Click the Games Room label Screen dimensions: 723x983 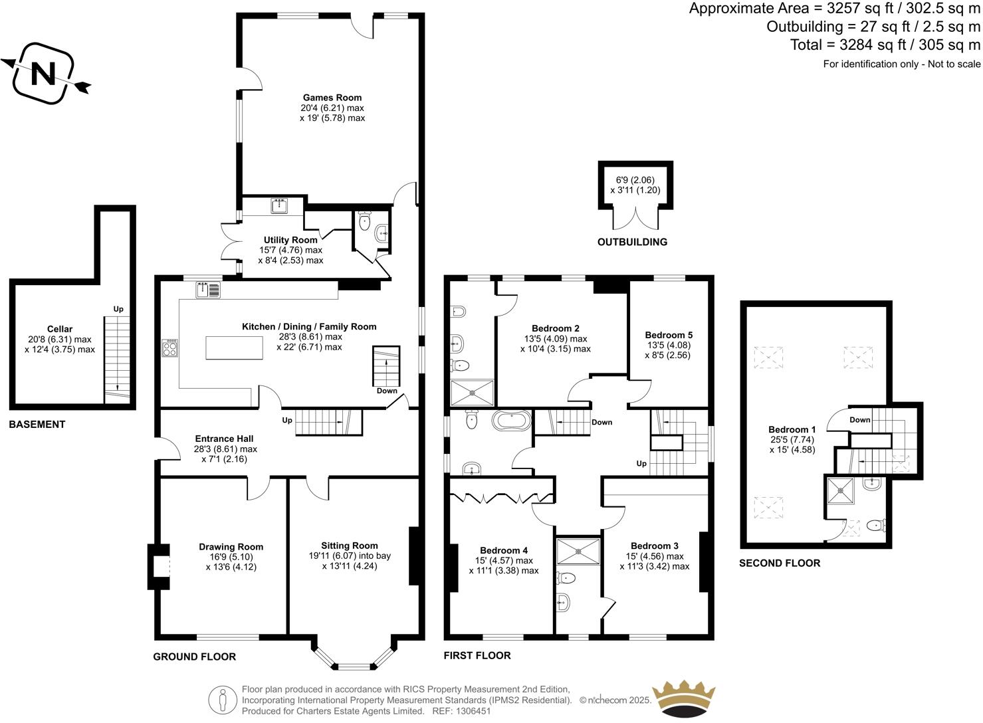[332, 98]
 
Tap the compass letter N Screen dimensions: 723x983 [44, 74]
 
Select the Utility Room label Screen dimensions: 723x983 [290, 240]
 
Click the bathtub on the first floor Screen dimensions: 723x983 [511, 421]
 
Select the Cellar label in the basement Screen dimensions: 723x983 [60, 329]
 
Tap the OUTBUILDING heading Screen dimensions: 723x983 [632, 242]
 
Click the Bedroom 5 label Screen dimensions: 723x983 [669, 335]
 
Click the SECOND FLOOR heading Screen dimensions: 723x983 [780, 563]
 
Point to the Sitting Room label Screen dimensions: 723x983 [350, 546]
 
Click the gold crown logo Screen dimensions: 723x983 [685, 699]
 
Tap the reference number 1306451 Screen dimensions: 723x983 [471, 711]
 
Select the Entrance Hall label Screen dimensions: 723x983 [225, 439]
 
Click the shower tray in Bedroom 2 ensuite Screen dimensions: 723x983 [472, 392]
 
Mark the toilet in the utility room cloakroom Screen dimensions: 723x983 [364, 221]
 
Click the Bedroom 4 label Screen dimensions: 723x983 [504, 550]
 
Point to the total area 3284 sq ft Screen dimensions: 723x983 [885, 45]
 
